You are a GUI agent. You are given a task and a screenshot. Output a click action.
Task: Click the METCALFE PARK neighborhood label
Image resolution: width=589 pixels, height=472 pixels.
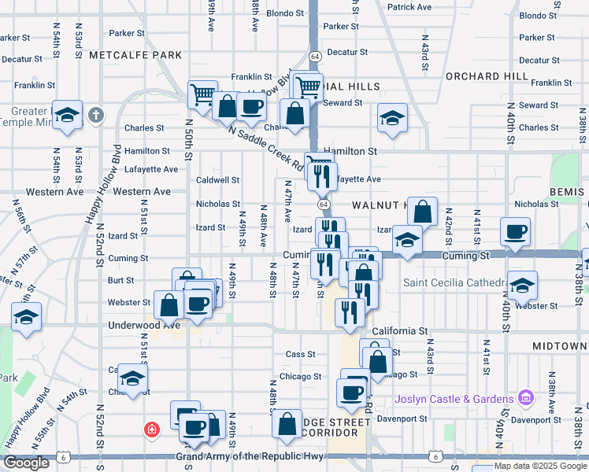(x=135, y=55)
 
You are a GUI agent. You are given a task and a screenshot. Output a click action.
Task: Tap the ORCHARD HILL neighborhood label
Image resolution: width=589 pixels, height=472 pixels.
(x=487, y=76)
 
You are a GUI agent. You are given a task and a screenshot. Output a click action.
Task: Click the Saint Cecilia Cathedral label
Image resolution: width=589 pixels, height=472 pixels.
(x=454, y=283)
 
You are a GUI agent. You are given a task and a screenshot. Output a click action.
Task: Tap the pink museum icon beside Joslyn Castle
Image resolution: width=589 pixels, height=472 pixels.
(x=525, y=399)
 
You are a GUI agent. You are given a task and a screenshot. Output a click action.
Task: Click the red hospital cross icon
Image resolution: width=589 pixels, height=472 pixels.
(x=150, y=430)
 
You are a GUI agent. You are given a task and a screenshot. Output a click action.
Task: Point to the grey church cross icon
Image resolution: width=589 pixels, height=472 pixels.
(x=96, y=116)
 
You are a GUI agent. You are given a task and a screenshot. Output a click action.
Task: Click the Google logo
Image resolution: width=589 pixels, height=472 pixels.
(x=27, y=463)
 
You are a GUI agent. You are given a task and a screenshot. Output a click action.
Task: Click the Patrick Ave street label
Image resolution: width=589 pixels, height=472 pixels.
(x=409, y=7)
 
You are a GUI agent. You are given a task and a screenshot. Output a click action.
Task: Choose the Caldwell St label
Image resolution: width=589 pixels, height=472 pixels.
(x=218, y=180)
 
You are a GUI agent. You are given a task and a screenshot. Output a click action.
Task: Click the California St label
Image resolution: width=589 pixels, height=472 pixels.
(x=400, y=332)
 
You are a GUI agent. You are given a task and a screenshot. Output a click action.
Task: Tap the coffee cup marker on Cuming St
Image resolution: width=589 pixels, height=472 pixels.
(x=516, y=231)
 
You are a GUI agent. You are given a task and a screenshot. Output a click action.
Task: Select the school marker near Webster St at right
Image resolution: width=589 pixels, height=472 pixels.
(x=522, y=285)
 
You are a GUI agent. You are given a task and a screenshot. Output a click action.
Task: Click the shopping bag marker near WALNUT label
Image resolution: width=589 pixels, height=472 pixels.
(x=422, y=210)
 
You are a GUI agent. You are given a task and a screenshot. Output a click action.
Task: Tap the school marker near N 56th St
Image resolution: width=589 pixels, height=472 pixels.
(x=27, y=317)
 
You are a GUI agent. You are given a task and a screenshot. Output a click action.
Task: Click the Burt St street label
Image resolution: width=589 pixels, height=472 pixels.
(x=120, y=280)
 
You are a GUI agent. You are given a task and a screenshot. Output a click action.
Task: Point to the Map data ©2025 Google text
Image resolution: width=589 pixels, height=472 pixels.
(x=539, y=466)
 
